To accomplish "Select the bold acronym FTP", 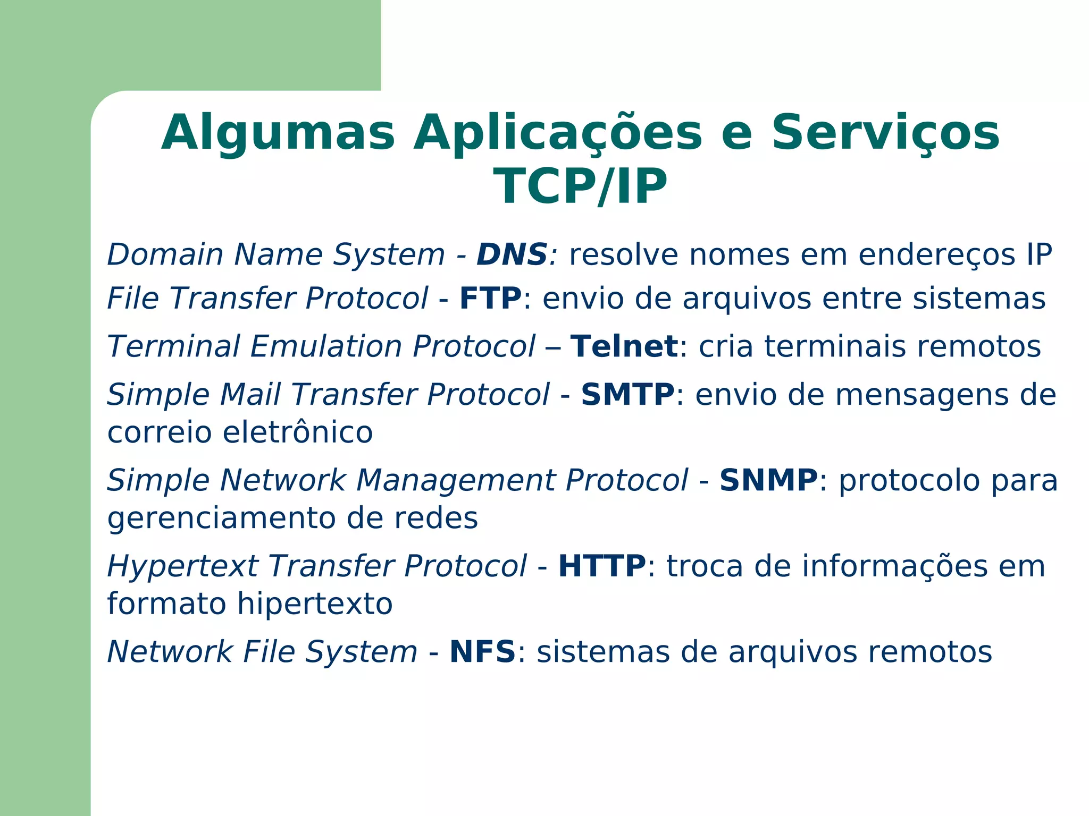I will (490, 298).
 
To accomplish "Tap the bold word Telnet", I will (624, 346).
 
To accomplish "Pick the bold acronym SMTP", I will (627, 395).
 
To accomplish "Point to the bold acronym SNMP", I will (768, 480).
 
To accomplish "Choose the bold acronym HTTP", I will (602, 566).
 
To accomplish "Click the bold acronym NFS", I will (482, 652).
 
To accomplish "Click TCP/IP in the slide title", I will (580, 186).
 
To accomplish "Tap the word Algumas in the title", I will (278, 133).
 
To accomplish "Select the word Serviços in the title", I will (885, 133).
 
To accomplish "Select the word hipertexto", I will (314, 604).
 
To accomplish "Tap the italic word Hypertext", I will (182, 566).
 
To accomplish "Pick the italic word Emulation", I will (325, 346).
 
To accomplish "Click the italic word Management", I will (455, 480).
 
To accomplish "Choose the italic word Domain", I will (165, 254).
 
